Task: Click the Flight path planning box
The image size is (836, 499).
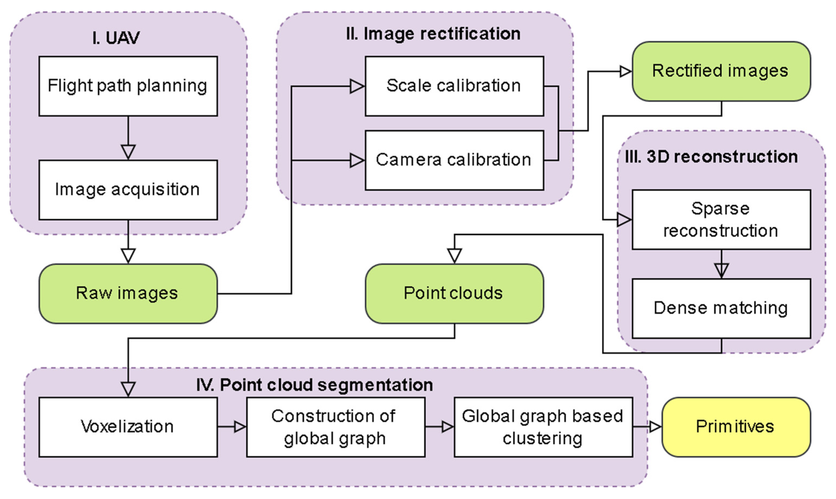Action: click(128, 86)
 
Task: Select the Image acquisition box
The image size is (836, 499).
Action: click(128, 190)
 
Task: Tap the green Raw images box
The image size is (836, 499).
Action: click(128, 294)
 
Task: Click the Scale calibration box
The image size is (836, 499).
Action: click(454, 86)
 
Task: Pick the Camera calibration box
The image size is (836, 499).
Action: click(454, 160)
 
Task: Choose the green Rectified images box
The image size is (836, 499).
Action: click(721, 71)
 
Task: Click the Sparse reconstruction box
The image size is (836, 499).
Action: click(721, 220)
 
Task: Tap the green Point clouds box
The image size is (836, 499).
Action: click(454, 294)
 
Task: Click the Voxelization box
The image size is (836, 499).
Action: click(128, 427)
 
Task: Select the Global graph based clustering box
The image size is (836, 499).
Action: click(543, 427)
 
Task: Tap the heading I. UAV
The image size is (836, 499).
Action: click(116, 38)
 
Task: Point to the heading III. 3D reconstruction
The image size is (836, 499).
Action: click(711, 157)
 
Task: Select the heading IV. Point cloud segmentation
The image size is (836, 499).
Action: click(315, 385)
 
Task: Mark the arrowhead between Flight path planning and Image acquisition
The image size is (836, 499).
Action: click(128, 152)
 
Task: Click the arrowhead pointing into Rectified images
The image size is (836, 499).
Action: click(625, 71)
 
